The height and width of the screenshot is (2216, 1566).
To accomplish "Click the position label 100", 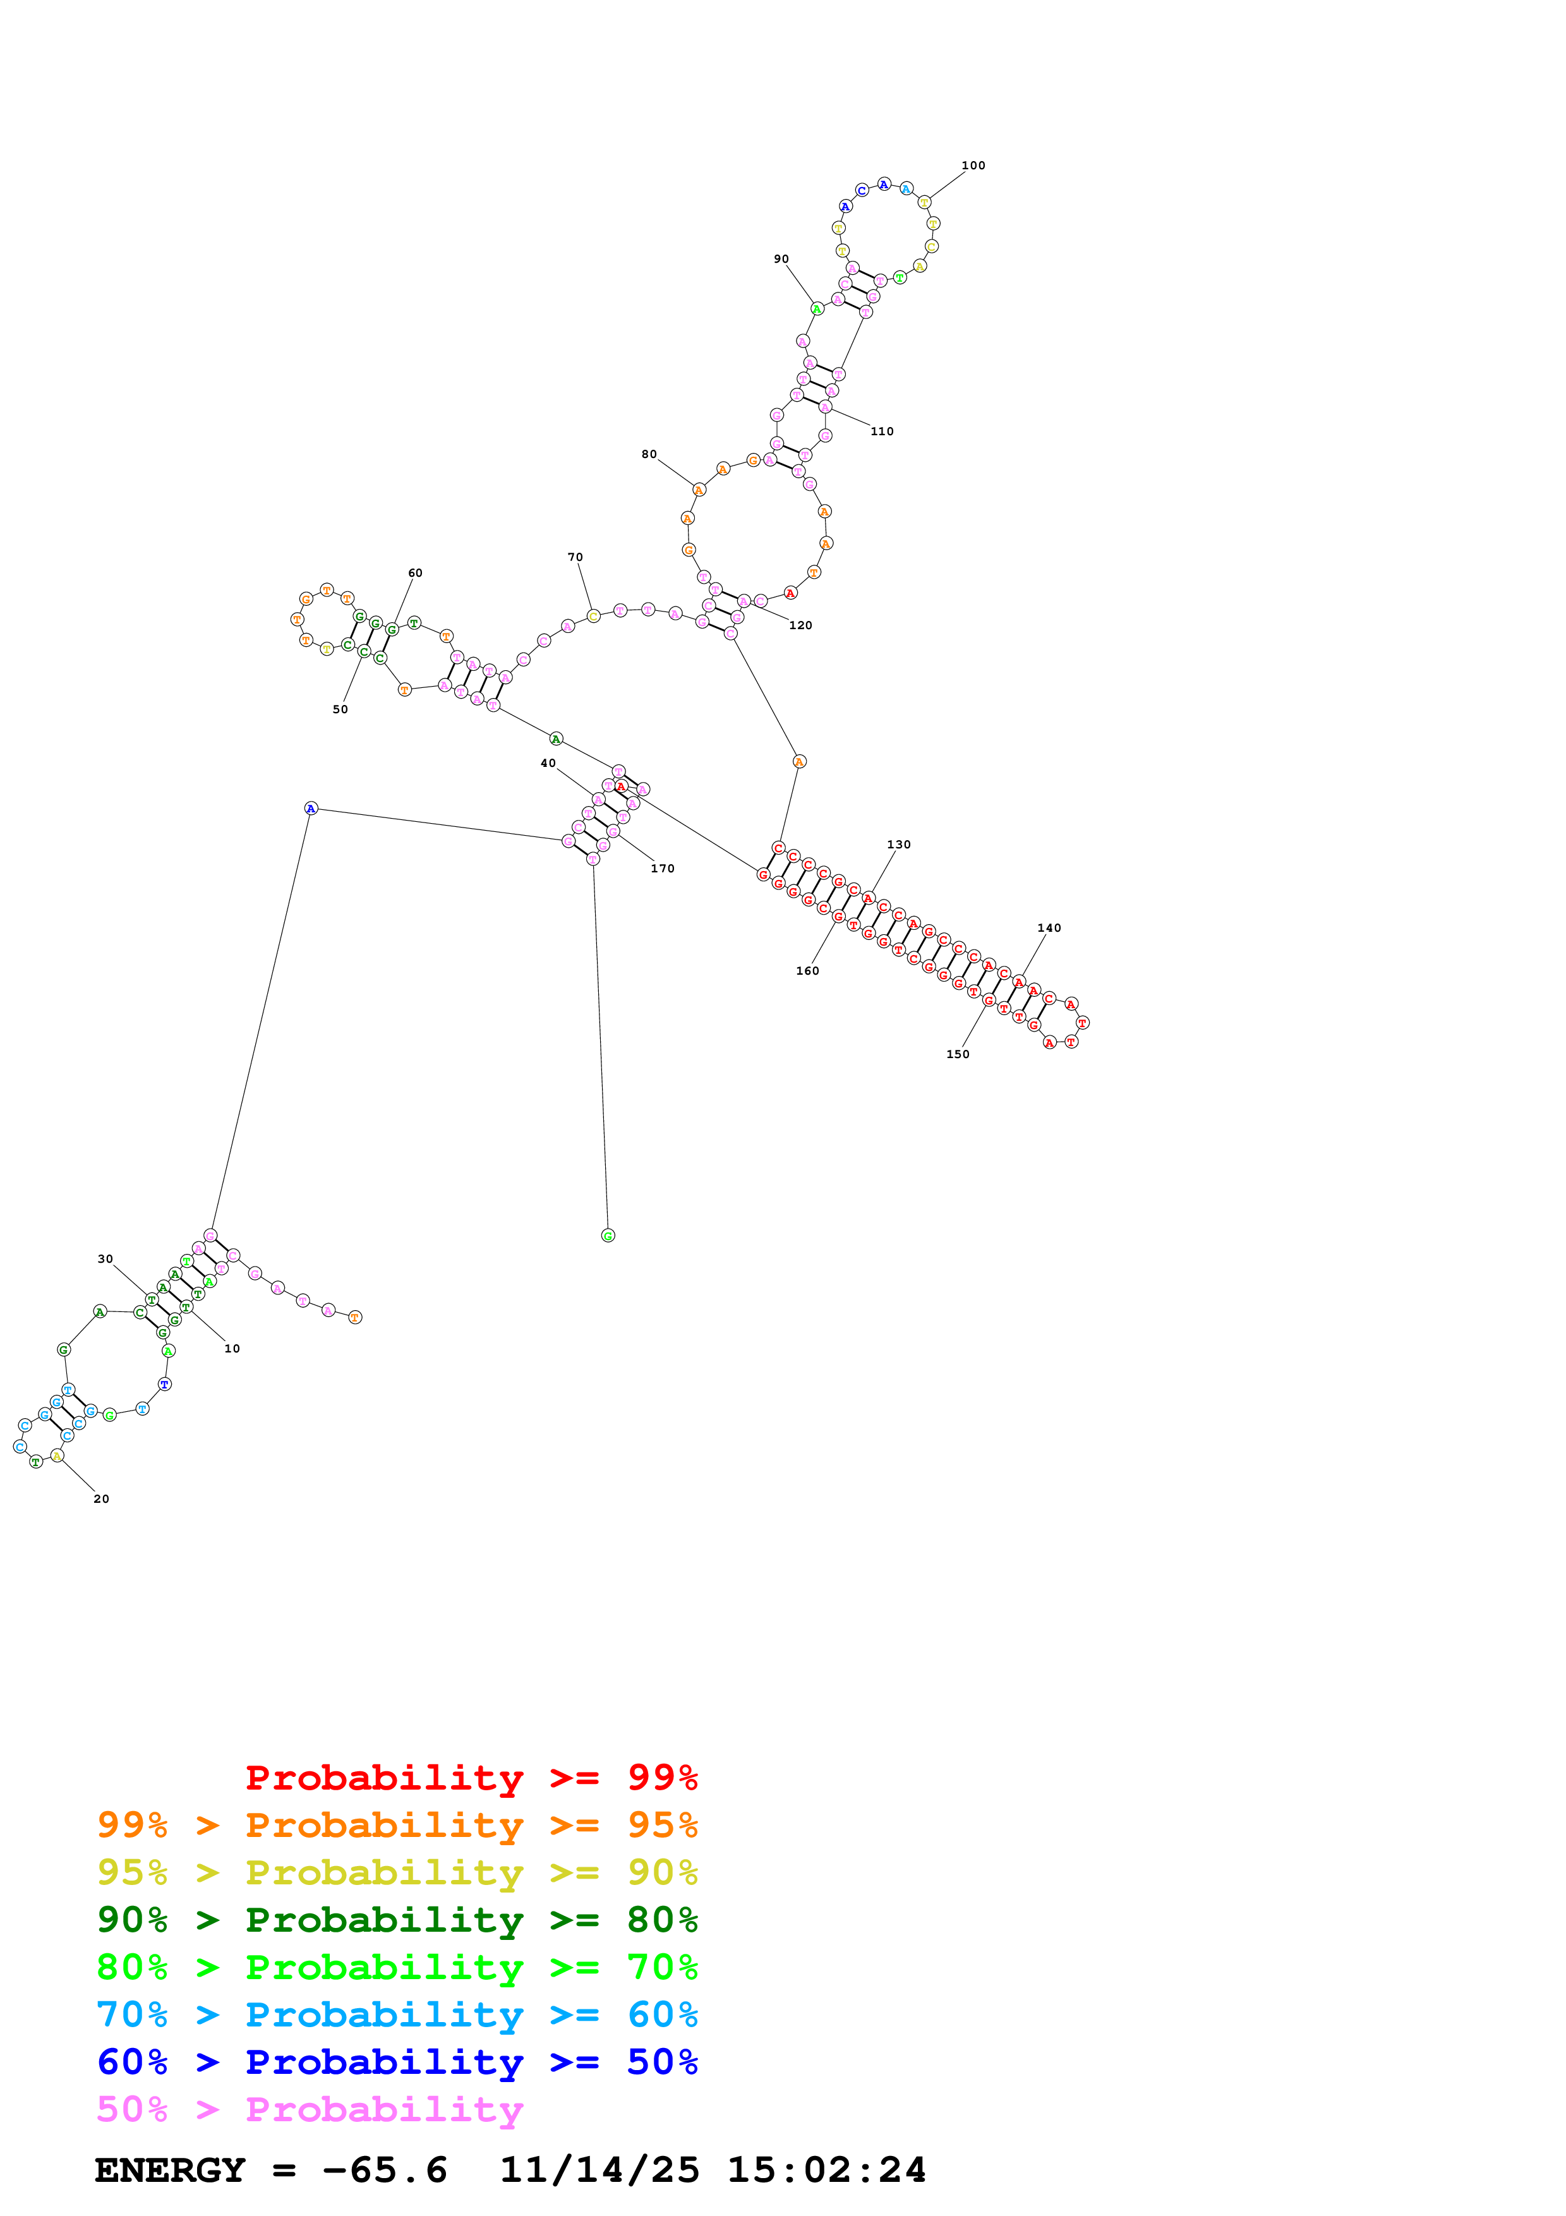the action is pos(973,165).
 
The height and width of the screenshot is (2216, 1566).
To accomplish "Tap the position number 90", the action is pos(781,258).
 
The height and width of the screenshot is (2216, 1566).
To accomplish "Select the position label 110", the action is pos(882,431).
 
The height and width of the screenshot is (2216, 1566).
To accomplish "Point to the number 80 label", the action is pos(649,454).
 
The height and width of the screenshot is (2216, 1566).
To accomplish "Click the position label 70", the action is pos(575,557).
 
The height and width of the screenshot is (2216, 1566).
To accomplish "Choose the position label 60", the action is pos(415,572).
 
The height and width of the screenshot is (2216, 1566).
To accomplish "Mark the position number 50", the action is pos(340,709).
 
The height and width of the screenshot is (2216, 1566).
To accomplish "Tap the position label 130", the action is pos(898,845).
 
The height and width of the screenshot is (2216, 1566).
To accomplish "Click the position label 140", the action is pos(1049,927).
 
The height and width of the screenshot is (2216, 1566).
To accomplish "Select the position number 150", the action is pos(957,1054).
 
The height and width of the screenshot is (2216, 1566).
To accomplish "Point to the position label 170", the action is pos(662,869).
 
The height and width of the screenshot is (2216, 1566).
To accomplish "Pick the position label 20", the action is pos(101,1499).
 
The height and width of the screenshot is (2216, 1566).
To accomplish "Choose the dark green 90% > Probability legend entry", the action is pos(397,1920).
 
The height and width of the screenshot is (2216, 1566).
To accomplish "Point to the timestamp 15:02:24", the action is pos(826,2171).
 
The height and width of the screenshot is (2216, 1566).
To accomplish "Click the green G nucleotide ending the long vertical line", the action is pos(608,1236).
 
